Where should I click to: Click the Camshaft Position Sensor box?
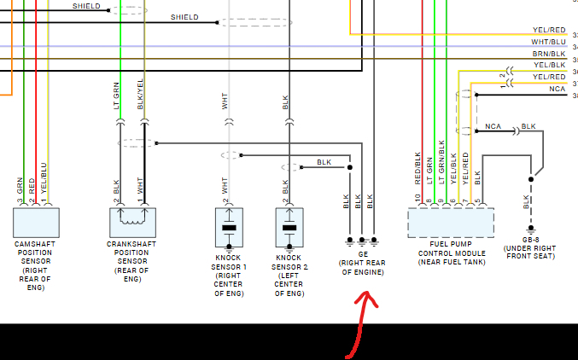36,222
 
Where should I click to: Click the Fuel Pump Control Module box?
450,222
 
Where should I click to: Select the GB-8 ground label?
531,241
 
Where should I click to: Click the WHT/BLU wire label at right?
549,41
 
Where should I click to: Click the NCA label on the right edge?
557,89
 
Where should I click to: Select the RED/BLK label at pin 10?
418,167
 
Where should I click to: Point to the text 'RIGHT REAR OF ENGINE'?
363,268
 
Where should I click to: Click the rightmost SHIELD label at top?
184,17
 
